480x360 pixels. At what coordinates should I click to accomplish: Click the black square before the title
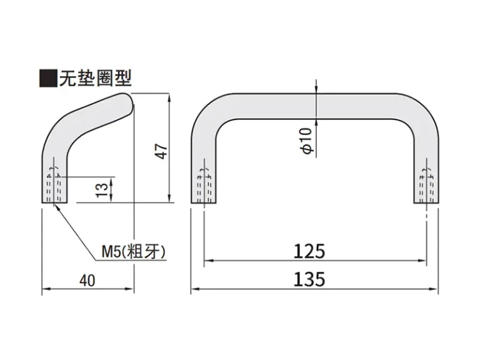48,79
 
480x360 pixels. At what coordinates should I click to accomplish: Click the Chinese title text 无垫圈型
95,78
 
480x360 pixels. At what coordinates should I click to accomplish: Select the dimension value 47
162,151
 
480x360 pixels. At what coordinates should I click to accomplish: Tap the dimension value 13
102,190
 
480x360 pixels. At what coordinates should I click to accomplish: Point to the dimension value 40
87,281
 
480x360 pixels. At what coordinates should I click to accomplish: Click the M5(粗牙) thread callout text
133,252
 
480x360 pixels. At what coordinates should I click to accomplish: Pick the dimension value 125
309,251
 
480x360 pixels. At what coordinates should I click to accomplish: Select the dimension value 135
309,279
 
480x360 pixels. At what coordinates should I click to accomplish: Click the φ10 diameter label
307,141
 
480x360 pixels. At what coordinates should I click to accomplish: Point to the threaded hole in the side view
54,185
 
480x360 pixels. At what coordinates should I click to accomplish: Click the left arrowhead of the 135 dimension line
194,289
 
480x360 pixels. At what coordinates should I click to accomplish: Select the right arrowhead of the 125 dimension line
422,261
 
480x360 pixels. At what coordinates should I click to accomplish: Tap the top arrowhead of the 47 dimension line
169,97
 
